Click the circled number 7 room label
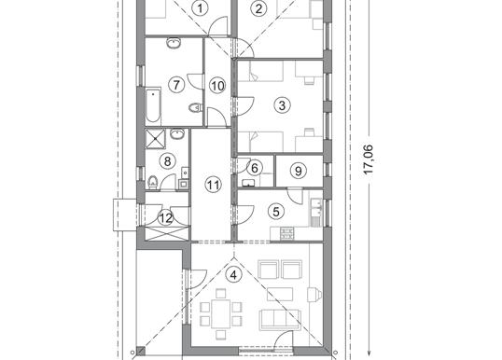(x=176, y=85)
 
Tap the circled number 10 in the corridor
(x=217, y=86)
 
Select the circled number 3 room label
(x=282, y=105)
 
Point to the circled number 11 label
(x=214, y=185)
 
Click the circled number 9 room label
(x=298, y=171)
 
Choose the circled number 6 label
(x=255, y=168)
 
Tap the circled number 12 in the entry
(x=166, y=218)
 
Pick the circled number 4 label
(x=234, y=274)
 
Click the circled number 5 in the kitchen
(x=276, y=211)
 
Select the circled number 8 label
(x=167, y=161)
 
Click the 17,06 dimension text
(x=369, y=159)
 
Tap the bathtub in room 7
(x=153, y=106)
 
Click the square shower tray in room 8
(x=156, y=139)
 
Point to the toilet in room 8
(x=153, y=182)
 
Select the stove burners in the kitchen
(x=286, y=233)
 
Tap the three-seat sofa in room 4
(x=281, y=319)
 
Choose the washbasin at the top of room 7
(x=174, y=43)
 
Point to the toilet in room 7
(x=195, y=107)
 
